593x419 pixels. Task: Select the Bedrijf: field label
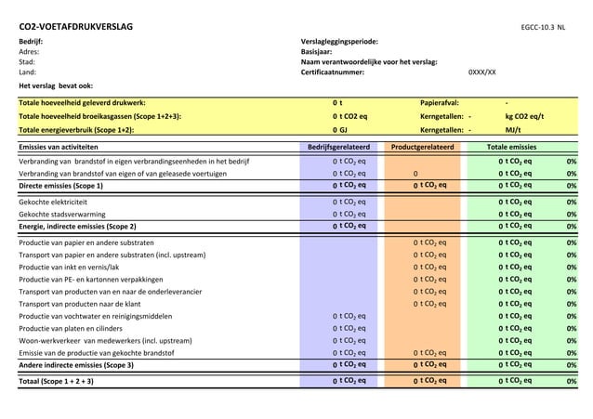click(31, 42)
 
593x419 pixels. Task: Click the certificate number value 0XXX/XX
click(481, 72)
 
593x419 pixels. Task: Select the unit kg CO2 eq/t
click(524, 117)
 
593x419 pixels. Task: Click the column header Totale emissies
click(512, 147)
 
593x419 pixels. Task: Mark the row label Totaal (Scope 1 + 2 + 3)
click(61, 381)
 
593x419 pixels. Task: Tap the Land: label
click(28, 72)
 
